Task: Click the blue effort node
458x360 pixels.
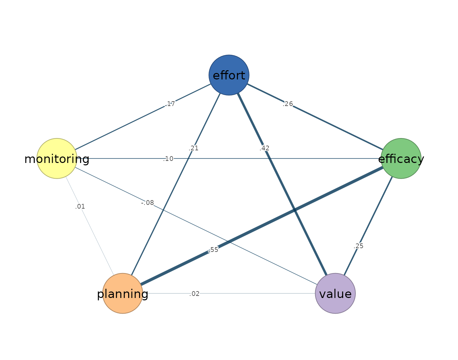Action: (229, 75)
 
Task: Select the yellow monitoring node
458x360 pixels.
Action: (57, 159)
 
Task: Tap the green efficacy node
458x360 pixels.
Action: (401, 159)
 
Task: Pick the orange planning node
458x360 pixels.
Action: (123, 294)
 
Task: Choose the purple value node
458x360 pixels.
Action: (335, 294)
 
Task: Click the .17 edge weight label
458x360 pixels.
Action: (170, 104)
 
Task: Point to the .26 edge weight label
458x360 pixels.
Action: (288, 104)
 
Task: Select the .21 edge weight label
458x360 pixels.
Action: (194, 148)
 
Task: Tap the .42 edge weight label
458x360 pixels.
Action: (264, 148)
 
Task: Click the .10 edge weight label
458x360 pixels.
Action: (168, 159)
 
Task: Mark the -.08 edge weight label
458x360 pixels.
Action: (148, 203)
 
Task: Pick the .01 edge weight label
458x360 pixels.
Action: (80, 206)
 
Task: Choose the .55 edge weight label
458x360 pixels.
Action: (213, 250)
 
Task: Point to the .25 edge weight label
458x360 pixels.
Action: (358, 246)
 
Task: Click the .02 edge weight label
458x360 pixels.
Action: (194, 294)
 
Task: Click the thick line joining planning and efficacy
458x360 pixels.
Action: (262, 226)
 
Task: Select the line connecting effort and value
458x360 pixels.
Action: (282, 184)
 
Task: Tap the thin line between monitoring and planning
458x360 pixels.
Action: (90, 226)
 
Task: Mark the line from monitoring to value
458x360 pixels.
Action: (196, 226)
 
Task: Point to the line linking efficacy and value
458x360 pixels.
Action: (368, 226)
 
